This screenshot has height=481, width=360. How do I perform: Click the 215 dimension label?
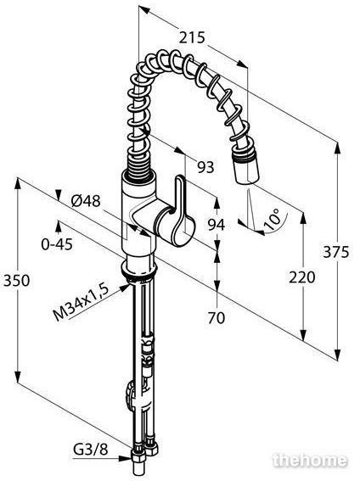point(192,37)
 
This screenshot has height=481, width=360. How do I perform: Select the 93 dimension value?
point(205,167)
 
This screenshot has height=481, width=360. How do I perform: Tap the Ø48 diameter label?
point(86,201)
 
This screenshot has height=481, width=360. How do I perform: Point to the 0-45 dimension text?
point(57,244)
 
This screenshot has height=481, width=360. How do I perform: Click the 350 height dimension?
point(17,281)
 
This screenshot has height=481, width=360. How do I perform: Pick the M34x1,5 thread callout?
point(82,302)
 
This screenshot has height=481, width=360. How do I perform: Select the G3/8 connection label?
point(91,450)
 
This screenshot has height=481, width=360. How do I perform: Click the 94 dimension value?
point(217,226)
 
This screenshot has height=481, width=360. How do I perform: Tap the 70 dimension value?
point(217,318)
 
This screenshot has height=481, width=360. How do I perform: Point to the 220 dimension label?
point(302,277)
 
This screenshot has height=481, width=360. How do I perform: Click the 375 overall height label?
point(336,252)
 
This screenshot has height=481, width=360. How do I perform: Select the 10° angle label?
point(272,220)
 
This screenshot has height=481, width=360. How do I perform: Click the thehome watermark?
point(310,461)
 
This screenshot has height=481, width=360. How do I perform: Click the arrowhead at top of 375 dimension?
point(338,148)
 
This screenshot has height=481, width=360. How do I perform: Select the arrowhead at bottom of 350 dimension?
point(18,376)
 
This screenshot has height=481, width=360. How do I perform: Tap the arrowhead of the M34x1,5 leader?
point(125,288)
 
